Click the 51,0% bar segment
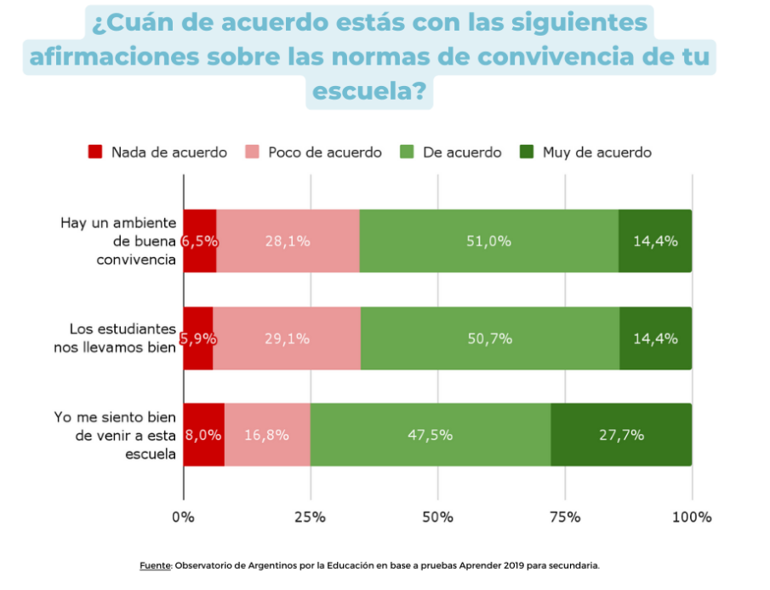coord(488,241)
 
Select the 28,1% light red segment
coord(288,241)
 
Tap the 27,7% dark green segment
coord(621,435)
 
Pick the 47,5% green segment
coord(431,435)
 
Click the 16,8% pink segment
coord(267,435)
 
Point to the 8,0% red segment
coord(204,435)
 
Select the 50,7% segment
coord(490,338)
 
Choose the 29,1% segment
coord(287,338)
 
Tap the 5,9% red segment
coord(198,338)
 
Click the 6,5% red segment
coord(200,241)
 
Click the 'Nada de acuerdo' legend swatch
coord(95,152)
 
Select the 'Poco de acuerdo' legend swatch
coord(252,152)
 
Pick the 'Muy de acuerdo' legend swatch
coord(527,152)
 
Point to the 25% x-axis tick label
coord(310,517)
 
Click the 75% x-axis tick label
coord(565,517)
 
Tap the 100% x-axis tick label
coord(692,517)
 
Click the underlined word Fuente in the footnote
coord(156,565)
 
